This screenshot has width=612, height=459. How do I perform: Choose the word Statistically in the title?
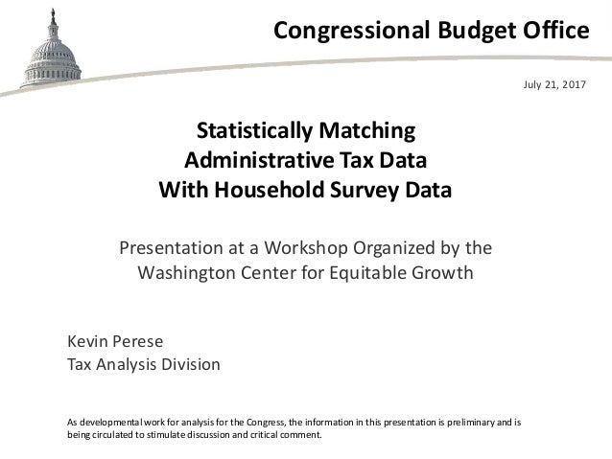[254, 130]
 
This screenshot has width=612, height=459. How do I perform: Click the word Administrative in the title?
[252, 159]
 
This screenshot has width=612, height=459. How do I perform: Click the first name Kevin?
[84, 342]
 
